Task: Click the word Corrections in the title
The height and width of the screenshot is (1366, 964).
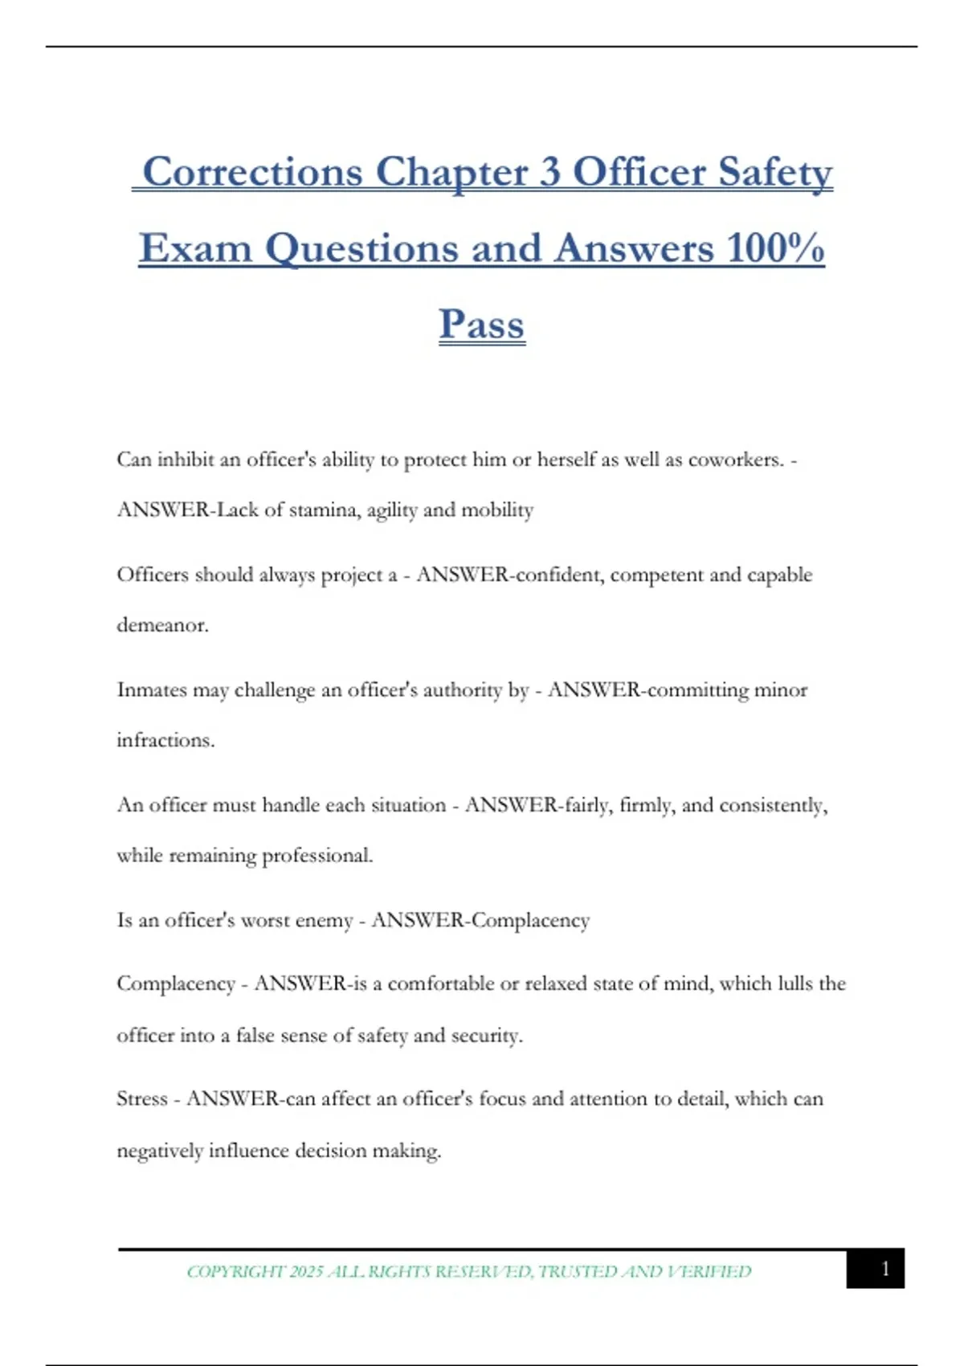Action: pyautogui.click(x=252, y=172)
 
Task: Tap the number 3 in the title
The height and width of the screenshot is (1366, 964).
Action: pyautogui.click(x=549, y=172)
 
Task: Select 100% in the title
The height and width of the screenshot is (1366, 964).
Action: pyautogui.click(x=775, y=248)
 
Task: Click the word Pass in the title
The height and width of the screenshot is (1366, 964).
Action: pyautogui.click(x=482, y=325)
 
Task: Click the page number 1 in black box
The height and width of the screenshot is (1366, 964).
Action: pyautogui.click(x=885, y=1269)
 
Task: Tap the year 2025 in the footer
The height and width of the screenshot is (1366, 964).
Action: pyautogui.click(x=306, y=1272)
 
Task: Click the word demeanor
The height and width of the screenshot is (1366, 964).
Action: pyautogui.click(x=162, y=625)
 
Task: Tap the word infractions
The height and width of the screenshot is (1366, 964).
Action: pyautogui.click(x=165, y=740)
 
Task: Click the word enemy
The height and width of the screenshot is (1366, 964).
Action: pyautogui.click(x=325, y=920)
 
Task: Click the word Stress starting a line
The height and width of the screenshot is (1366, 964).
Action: pyautogui.click(x=142, y=1098)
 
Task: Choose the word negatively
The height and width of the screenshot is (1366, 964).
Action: pyautogui.click(x=160, y=1151)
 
